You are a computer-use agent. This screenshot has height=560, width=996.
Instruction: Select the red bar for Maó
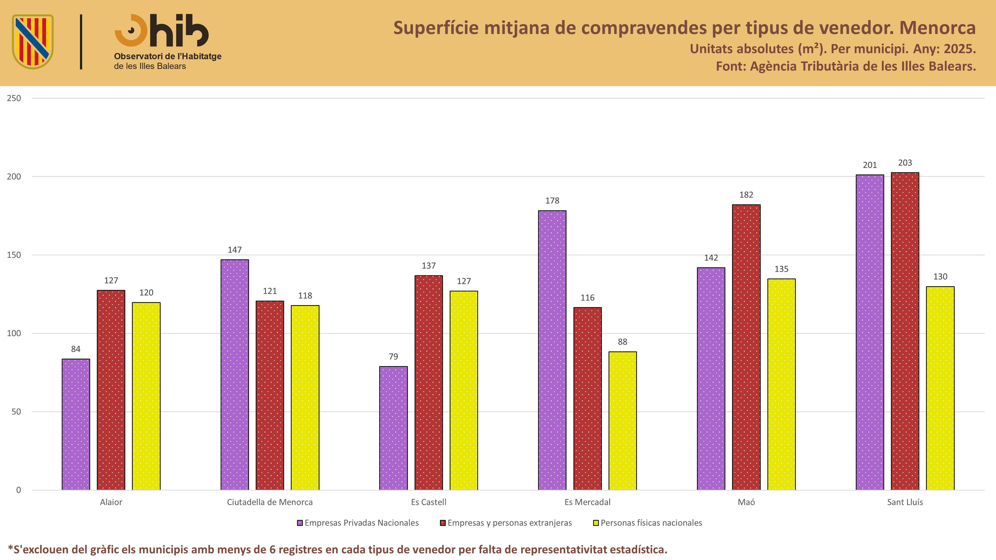(x=746, y=347)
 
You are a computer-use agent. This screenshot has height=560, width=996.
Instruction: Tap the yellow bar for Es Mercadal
(x=622, y=421)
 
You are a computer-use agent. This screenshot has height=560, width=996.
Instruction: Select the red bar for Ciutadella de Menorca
(x=270, y=395)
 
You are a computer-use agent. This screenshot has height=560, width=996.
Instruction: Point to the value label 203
(x=905, y=163)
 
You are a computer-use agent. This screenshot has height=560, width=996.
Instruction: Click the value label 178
(x=552, y=201)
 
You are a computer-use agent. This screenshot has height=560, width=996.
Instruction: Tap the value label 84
(x=76, y=349)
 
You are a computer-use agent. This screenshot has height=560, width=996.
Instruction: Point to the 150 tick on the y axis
(x=14, y=255)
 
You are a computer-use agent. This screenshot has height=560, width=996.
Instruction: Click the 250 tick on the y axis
(x=14, y=98)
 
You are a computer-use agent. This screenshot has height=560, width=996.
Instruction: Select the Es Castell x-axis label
(x=428, y=502)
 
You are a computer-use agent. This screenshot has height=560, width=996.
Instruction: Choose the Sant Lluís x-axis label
(x=905, y=502)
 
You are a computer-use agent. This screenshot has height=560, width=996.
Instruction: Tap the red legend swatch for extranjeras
(x=443, y=523)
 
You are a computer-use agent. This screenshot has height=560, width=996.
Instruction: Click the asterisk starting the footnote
(x=10, y=547)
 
